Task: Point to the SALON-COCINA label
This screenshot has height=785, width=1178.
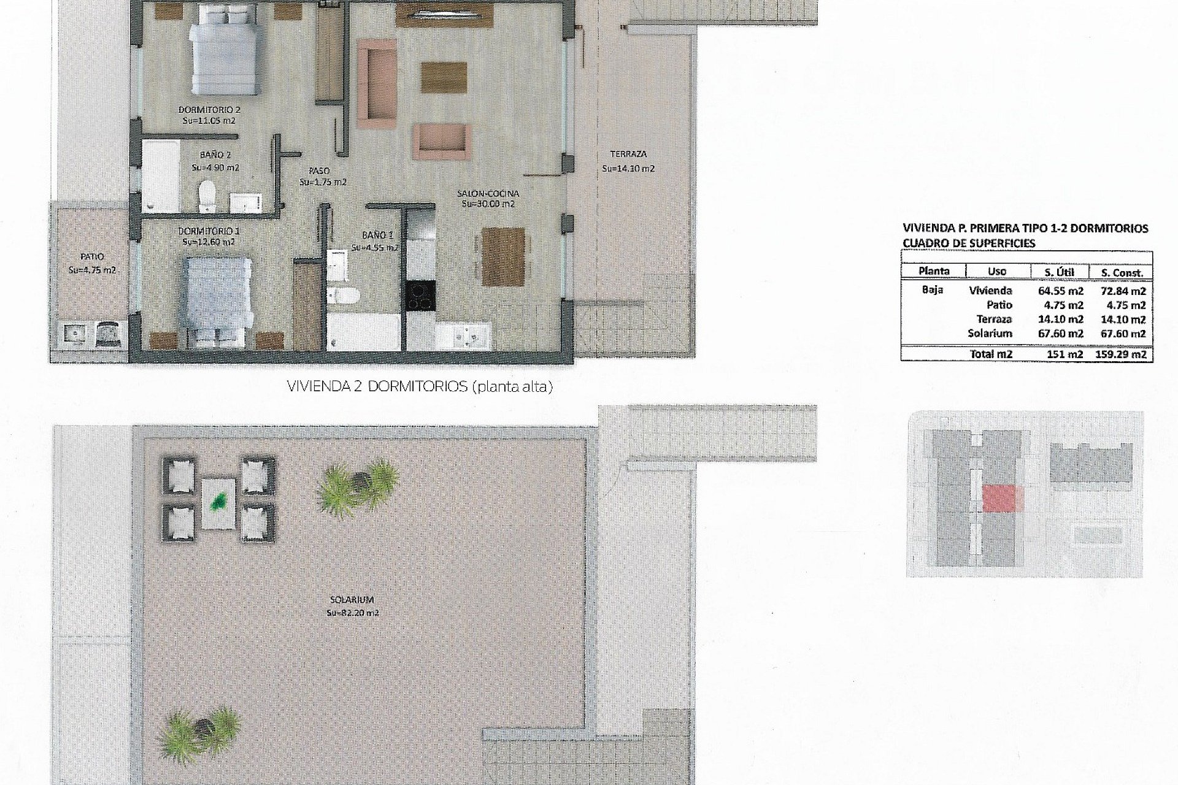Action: pos(488,194)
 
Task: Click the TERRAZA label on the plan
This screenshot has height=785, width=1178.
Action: pos(628,155)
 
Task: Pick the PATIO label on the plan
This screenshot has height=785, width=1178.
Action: pos(92,257)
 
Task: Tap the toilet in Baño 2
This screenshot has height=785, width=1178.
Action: pos(207,195)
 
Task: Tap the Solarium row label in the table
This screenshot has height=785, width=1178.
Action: pos(990,334)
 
